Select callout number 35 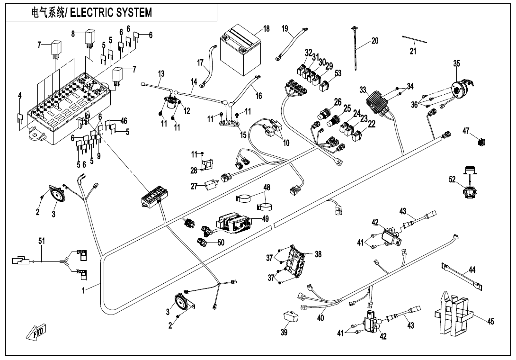tap(456, 63)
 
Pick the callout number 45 tap(490, 322)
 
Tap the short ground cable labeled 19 tap(290, 45)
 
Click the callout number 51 tap(42, 241)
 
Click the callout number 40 tap(320, 318)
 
